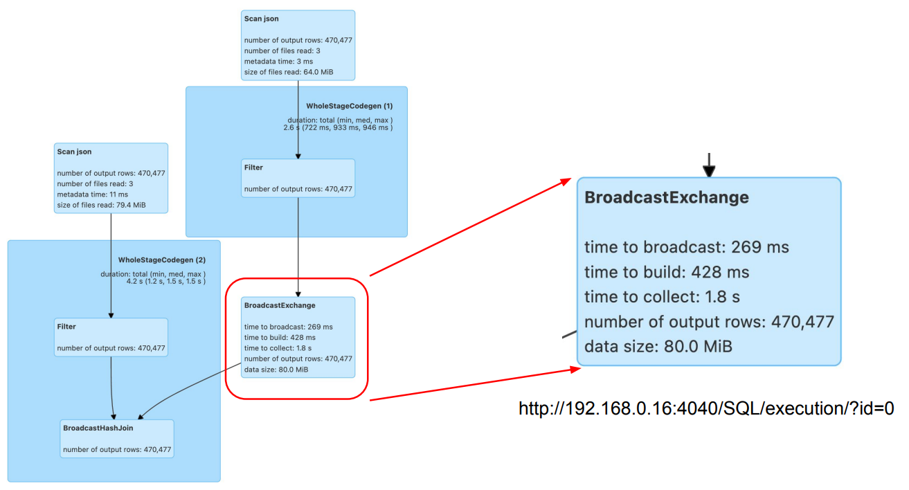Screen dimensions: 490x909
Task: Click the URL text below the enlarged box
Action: (x=706, y=409)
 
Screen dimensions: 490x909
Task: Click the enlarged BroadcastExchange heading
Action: (x=667, y=197)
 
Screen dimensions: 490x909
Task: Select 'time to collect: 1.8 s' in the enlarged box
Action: (x=662, y=297)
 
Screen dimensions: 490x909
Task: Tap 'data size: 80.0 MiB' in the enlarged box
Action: (x=658, y=347)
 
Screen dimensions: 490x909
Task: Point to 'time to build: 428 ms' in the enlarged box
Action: (x=667, y=272)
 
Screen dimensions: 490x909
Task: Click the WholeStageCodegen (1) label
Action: (x=349, y=106)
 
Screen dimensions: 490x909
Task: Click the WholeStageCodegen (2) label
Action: (x=162, y=260)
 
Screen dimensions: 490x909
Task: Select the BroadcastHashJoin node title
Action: (x=98, y=428)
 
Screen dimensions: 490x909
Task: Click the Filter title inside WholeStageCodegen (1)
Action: (x=253, y=167)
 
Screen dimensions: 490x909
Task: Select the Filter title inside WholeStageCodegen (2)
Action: (x=66, y=326)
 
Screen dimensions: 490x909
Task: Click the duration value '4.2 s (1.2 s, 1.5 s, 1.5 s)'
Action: (x=165, y=282)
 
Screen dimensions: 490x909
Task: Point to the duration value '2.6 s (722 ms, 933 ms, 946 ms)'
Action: (x=338, y=128)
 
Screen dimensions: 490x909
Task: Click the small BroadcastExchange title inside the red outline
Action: (x=280, y=305)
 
